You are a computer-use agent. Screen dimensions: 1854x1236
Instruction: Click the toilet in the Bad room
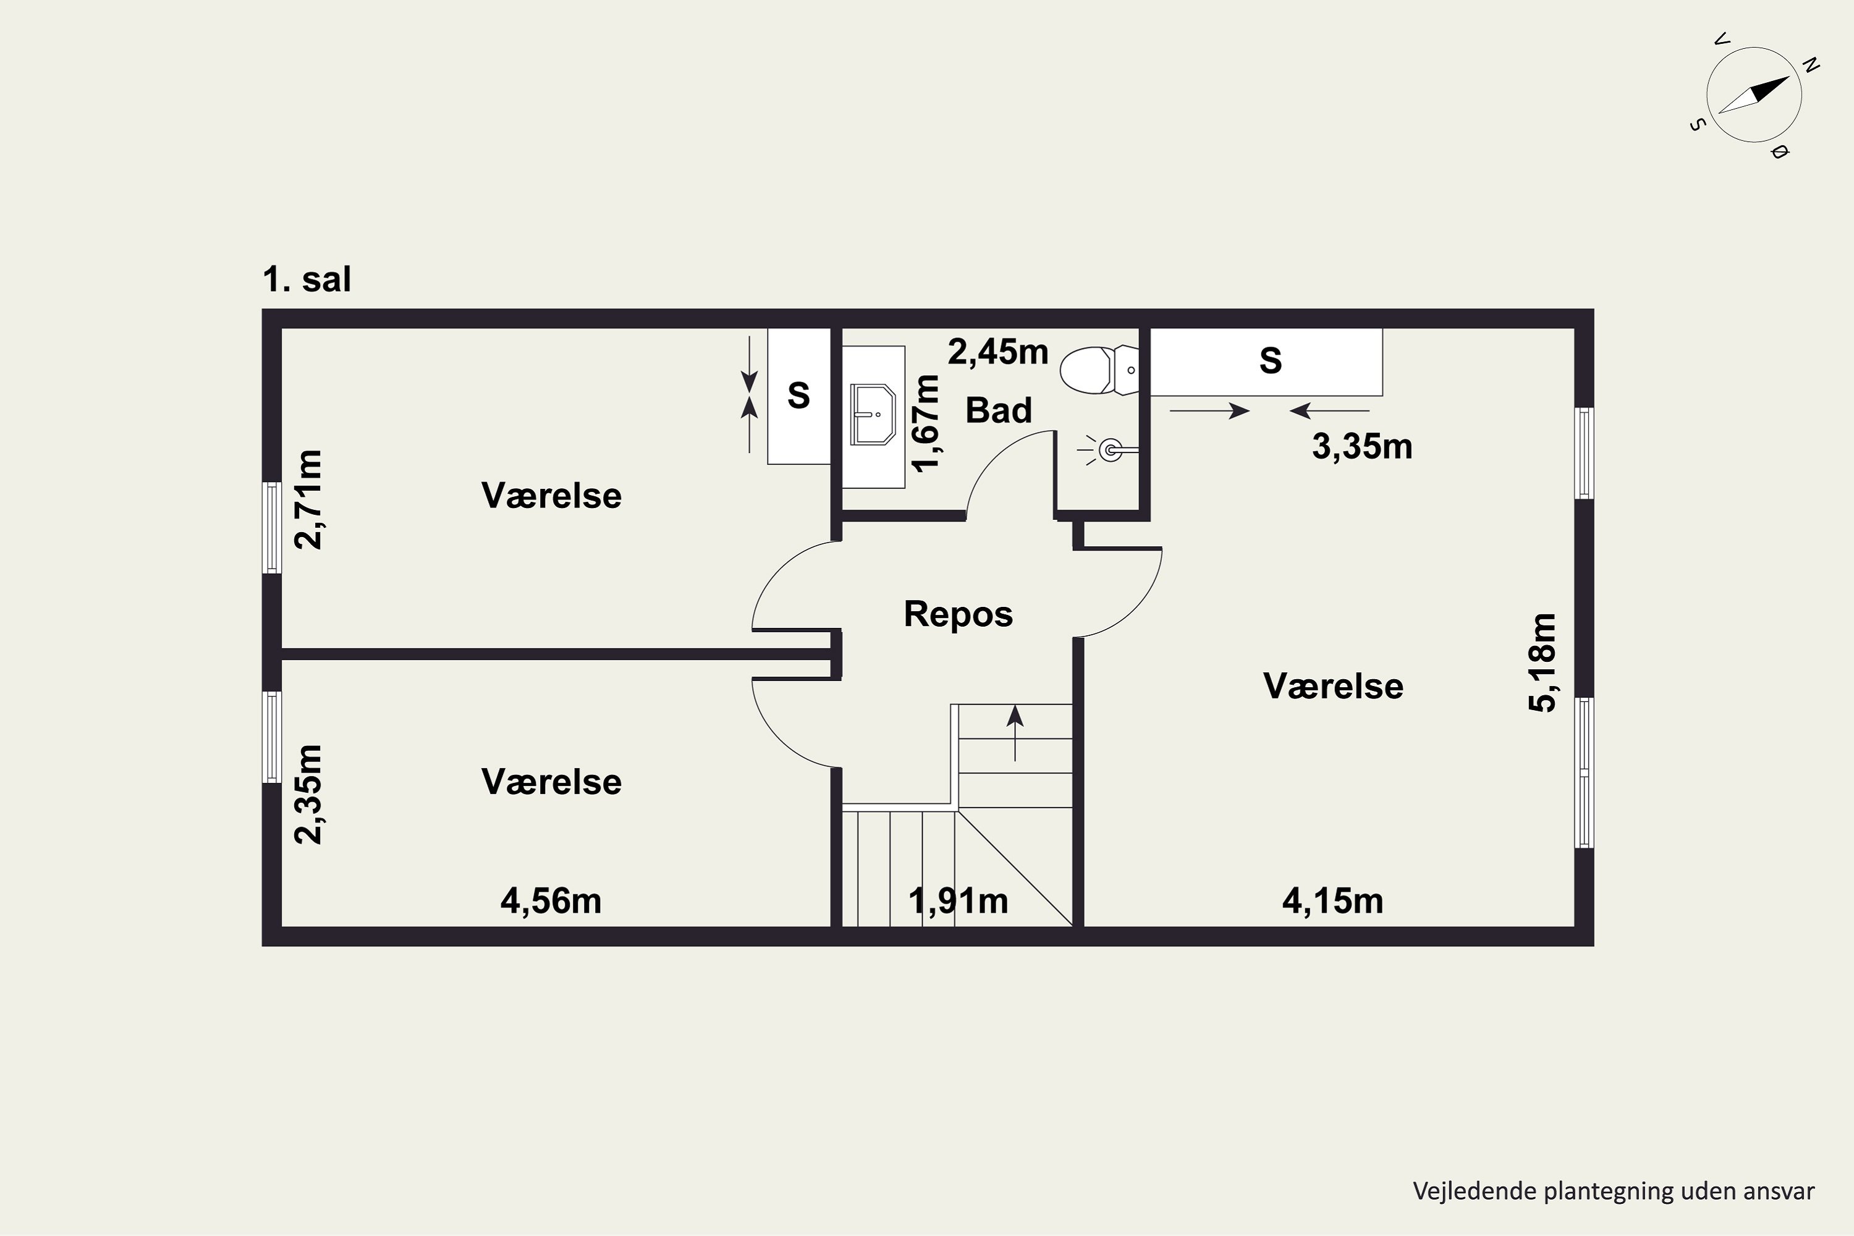click(1099, 370)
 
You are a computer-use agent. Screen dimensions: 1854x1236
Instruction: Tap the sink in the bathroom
click(873, 415)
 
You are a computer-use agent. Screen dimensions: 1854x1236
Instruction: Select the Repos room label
click(958, 614)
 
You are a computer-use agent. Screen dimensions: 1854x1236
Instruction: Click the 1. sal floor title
click(307, 279)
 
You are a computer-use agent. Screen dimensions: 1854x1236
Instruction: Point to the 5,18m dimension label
click(1543, 663)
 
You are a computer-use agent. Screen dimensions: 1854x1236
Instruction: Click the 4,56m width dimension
click(551, 901)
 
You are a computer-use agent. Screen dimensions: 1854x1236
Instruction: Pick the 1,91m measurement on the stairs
click(958, 901)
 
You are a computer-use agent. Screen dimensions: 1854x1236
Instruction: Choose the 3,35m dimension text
click(1362, 447)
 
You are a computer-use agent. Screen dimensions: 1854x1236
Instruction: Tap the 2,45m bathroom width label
click(998, 352)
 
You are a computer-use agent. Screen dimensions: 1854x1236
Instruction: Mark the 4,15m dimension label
click(1333, 901)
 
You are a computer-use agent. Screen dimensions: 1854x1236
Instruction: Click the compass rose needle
click(1753, 95)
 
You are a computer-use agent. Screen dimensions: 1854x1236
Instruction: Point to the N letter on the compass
click(1811, 66)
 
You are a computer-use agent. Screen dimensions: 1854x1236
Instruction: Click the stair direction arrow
click(1015, 732)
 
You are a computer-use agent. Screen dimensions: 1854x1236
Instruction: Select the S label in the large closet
click(1271, 360)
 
